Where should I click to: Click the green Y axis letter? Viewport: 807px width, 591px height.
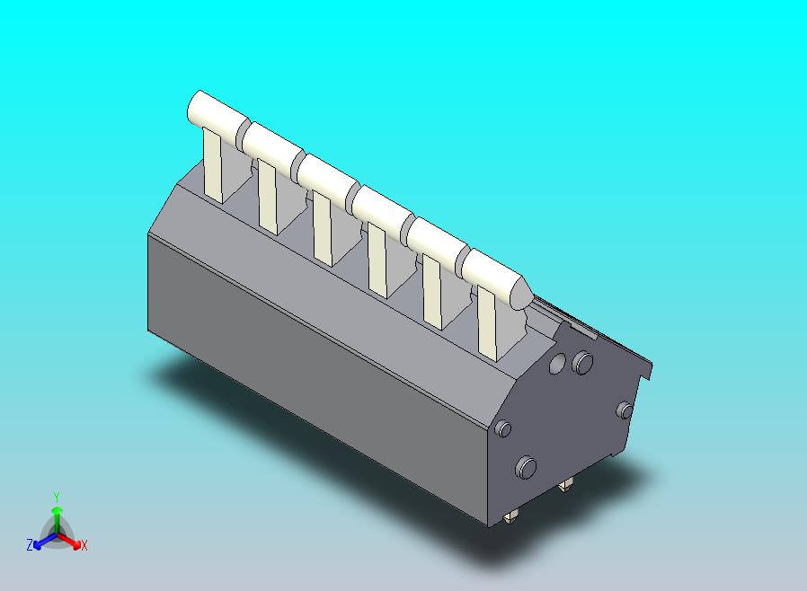56,497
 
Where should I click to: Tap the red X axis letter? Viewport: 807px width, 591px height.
84,545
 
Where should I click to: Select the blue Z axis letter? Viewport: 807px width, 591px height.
30,545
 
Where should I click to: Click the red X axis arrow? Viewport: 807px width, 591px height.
73,542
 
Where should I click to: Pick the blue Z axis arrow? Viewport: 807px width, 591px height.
40,542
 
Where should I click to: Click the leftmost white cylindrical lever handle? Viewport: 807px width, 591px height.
214,112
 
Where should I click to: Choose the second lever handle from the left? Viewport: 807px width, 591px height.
270,144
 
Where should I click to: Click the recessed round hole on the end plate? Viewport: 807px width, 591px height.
557,363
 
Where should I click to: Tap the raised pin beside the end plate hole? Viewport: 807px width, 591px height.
583,363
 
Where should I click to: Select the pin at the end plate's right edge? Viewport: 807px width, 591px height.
625,410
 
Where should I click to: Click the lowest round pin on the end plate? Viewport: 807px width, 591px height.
526,467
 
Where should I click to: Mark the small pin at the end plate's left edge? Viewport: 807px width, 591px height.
504,428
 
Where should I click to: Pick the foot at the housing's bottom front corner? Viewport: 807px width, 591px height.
511,516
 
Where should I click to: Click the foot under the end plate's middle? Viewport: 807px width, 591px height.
564,486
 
